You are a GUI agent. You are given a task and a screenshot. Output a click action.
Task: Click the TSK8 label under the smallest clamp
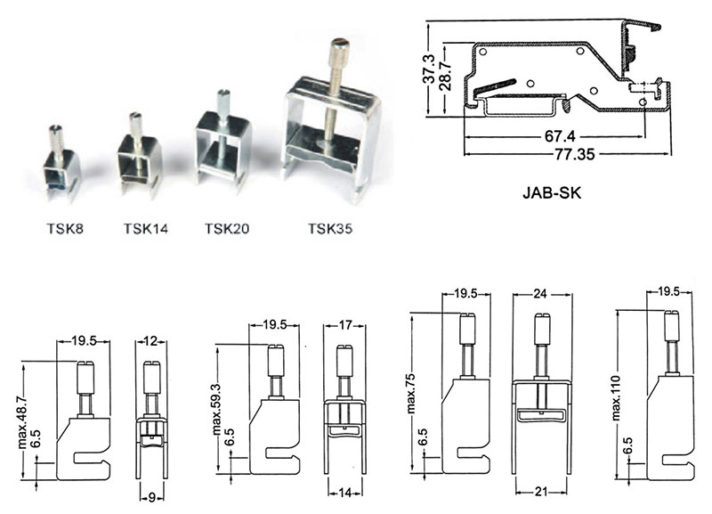pyautogui.click(x=65, y=228)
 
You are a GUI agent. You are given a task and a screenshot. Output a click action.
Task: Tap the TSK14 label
pyautogui.click(x=146, y=228)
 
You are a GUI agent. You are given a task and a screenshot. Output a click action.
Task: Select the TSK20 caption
pyautogui.click(x=227, y=228)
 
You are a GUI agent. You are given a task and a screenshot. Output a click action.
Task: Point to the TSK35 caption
pyautogui.click(x=330, y=228)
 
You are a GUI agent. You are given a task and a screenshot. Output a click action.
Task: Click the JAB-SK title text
pyautogui.click(x=552, y=193)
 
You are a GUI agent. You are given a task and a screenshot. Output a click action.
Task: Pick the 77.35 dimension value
pyautogui.click(x=574, y=154)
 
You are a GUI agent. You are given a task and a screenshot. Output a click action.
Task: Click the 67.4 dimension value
pyautogui.click(x=560, y=136)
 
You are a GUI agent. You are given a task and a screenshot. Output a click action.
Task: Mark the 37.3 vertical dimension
pyautogui.click(x=429, y=69)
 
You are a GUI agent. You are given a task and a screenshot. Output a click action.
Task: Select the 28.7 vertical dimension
pyautogui.click(x=446, y=75)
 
